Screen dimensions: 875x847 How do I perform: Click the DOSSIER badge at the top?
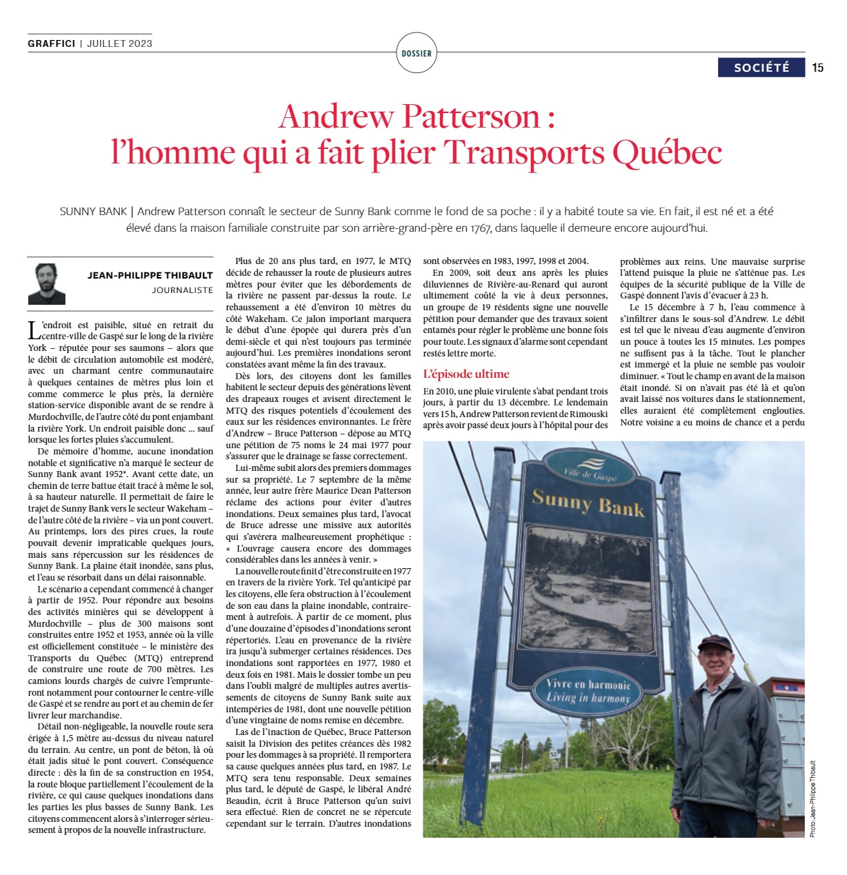416,53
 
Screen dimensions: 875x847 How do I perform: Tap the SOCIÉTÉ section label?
761,68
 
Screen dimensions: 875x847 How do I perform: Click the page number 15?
818,68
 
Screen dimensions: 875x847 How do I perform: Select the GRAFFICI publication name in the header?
52,43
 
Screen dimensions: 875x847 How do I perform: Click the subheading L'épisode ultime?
466,374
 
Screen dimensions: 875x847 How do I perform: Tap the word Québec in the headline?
668,152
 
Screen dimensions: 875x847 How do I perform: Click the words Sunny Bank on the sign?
588,503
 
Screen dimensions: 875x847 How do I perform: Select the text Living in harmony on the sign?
588,698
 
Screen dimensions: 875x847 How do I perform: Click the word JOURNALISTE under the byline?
183,290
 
